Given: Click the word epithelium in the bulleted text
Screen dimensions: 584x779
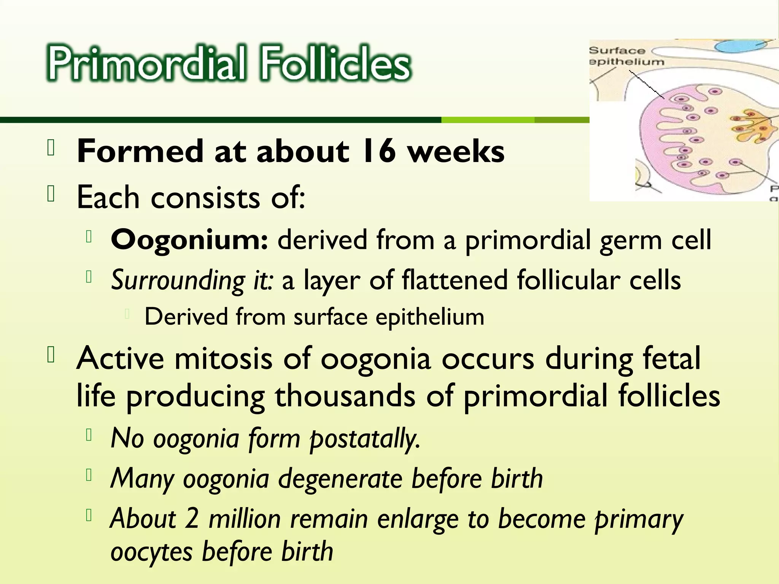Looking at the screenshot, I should tap(430, 317).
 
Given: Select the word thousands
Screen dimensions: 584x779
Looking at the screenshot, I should tap(345, 396).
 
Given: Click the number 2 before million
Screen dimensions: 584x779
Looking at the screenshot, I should tap(192, 519).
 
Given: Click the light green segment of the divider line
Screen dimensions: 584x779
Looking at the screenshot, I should tap(488, 120).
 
